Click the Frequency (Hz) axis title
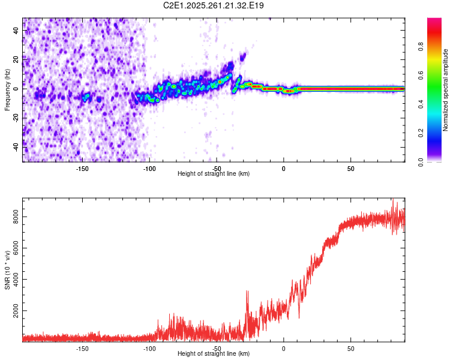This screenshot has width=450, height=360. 7,90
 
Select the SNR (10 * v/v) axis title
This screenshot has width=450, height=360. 7,270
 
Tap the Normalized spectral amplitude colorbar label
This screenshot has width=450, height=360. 446,90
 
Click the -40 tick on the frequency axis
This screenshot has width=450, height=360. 16,146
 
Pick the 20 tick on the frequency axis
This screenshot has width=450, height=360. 16,59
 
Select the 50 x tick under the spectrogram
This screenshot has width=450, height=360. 351,169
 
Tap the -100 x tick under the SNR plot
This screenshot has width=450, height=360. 149,349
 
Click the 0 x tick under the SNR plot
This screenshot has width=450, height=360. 284,349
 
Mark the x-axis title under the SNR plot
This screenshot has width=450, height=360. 214,354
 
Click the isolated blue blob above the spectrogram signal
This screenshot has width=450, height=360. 243,57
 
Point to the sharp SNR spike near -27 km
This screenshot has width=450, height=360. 247,293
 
